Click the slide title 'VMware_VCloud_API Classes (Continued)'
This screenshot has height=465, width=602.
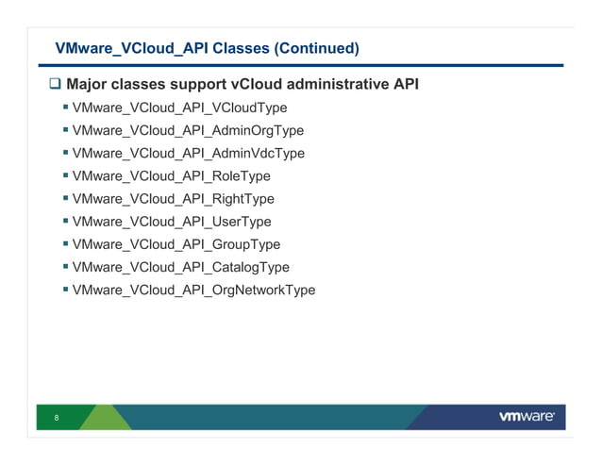pos(207,47)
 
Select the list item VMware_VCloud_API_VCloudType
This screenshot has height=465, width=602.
pos(179,108)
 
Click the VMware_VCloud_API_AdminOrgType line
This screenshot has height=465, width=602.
pos(188,131)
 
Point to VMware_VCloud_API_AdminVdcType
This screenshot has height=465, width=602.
pos(188,154)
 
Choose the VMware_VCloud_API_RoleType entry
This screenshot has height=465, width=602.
pos(171,176)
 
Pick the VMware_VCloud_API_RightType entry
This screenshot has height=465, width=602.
pos(173,199)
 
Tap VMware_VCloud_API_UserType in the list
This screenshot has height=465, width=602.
pos(171,222)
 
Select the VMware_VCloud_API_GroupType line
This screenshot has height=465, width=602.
pos(176,244)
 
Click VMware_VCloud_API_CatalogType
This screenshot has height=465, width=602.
pos(180,267)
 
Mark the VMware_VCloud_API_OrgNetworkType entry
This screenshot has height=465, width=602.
pos(193,290)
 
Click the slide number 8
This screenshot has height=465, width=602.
pos(58,418)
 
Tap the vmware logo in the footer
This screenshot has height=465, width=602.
pos(526,417)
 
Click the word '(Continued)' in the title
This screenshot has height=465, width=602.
pos(313,47)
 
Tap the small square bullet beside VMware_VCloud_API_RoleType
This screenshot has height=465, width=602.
pos(65,175)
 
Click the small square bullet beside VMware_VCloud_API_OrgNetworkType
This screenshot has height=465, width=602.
pos(65,289)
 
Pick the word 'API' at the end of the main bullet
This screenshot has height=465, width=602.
pos(404,86)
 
